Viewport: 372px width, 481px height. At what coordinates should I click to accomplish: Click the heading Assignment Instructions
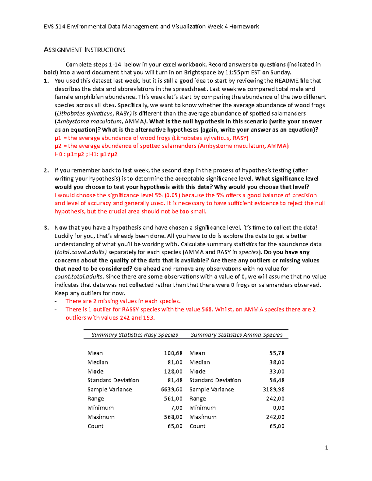(x=84, y=50)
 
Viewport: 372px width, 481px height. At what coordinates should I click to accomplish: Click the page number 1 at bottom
(x=326, y=448)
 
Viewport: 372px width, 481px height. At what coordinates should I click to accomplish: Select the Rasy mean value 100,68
(x=173, y=353)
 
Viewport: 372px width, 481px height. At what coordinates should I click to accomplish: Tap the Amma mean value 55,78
(x=277, y=353)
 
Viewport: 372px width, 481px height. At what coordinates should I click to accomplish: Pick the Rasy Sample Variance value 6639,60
(x=172, y=389)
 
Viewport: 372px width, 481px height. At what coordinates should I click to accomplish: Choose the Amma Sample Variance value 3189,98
(x=273, y=389)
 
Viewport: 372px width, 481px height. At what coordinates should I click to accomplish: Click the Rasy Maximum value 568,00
(x=173, y=417)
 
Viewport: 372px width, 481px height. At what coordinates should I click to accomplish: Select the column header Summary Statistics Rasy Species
(x=135, y=335)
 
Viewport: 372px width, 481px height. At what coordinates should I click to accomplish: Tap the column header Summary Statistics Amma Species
(x=237, y=335)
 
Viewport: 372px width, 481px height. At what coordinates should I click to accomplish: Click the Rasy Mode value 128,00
(x=173, y=371)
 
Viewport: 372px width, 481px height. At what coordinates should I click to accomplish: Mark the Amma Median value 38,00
(x=277, y=362)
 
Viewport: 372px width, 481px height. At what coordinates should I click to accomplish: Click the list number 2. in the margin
(x=46, y=170)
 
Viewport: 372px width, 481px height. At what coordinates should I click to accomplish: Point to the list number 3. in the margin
(x=46, y=228)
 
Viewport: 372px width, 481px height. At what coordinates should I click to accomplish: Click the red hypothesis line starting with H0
(x=86, y=154)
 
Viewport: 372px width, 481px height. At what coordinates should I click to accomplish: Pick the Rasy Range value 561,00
(x=173, y=399)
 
